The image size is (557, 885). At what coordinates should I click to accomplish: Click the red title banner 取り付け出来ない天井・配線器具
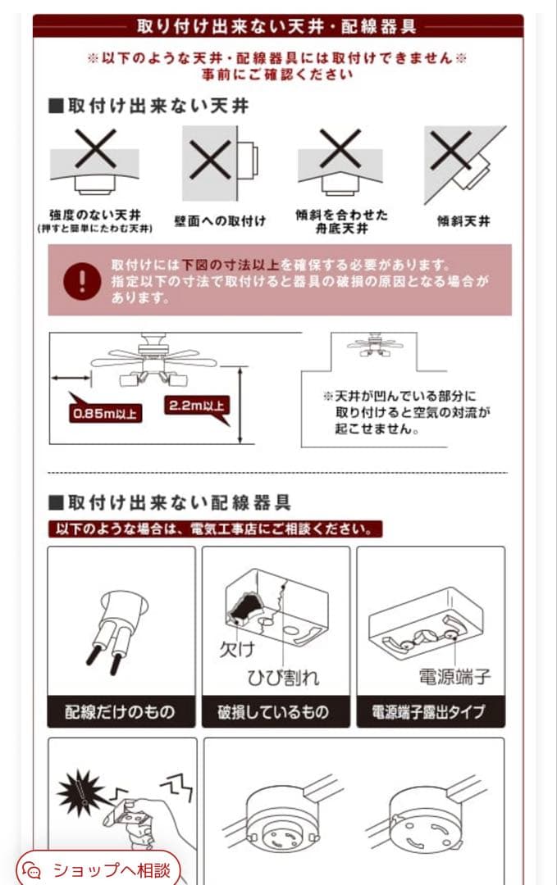[x=277, y=26]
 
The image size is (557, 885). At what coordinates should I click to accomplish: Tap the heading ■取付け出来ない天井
[x=148, y=107]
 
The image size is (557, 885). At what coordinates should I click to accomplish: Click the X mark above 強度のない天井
[x=95, y=150]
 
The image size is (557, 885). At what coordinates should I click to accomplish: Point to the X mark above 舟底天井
[x=340, y=149]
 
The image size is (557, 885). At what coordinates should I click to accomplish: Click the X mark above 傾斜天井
[x=450, y=151]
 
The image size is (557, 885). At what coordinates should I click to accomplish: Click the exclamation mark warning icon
[x=82, y=280]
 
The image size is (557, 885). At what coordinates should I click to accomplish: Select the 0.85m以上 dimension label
[x=106, y=412]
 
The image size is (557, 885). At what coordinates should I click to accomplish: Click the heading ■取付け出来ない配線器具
[x=170, y=501]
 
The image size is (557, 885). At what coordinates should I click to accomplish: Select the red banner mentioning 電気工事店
[x=215, y=529]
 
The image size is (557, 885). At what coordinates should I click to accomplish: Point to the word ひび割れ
[x=284, y=677]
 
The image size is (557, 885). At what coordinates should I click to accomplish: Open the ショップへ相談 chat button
[x=98, y=869]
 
